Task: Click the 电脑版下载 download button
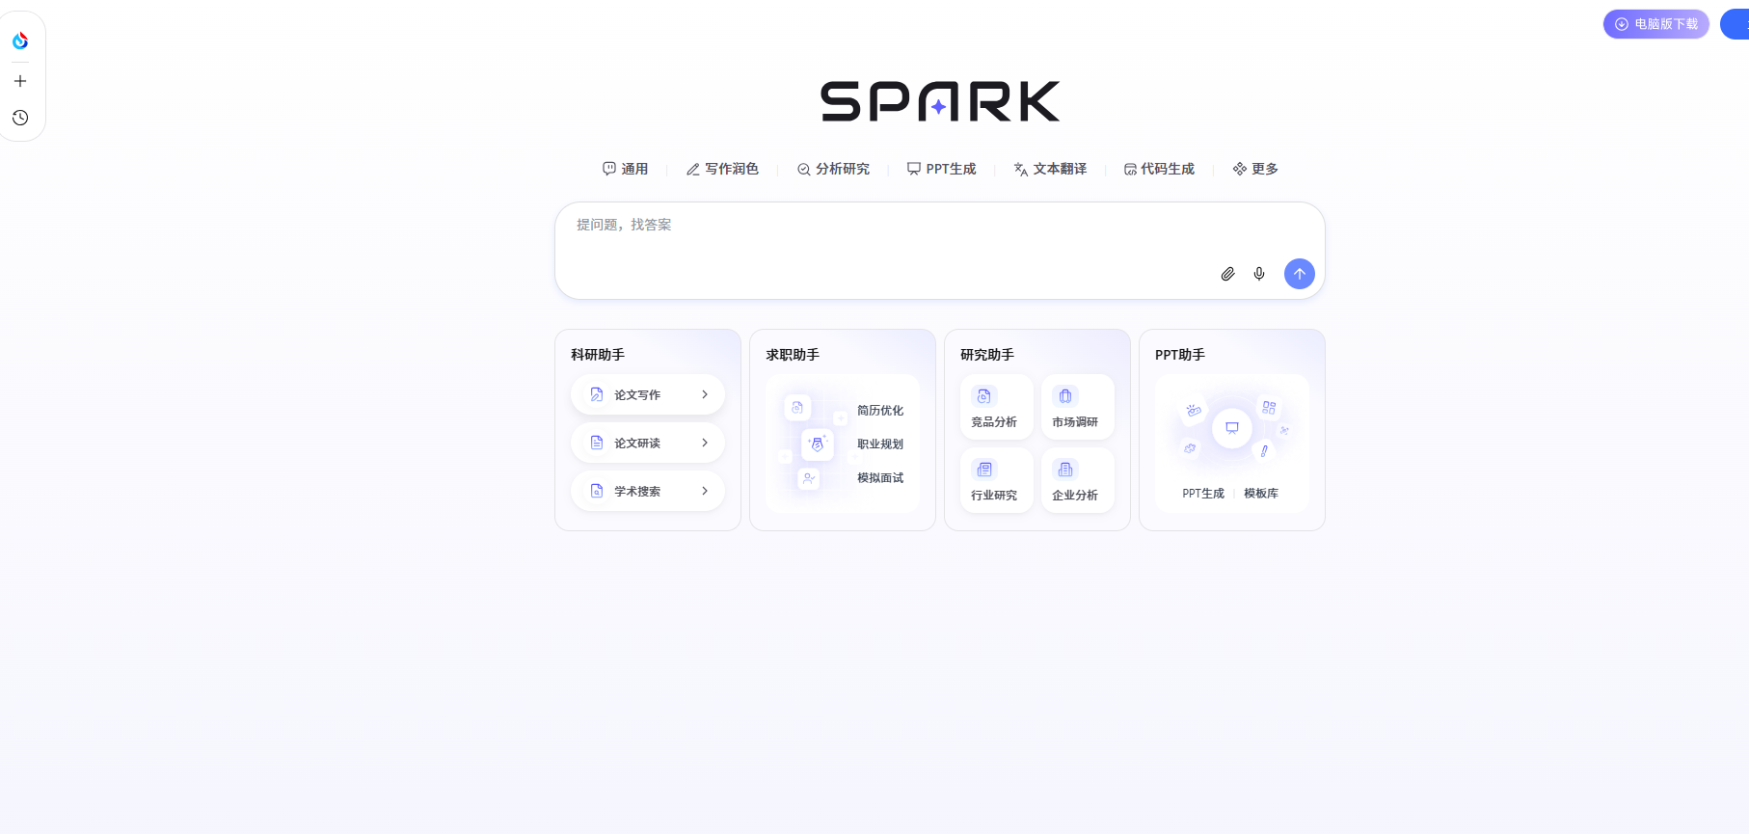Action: point(1655,24)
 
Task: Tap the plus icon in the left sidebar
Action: point(20,81)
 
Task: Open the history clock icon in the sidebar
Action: point(20,118)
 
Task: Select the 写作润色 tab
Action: point(722,169)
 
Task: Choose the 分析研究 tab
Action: point(833,169)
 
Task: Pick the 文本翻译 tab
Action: point(1050,169)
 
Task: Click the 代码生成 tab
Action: point(1159,169)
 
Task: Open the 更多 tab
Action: point(1255,169)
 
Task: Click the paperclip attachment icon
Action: point(1227,274)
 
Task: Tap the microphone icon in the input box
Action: point(1259,274)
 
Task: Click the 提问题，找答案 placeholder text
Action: point(624,225)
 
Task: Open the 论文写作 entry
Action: point(648,394)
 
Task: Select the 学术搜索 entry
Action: point(648,491)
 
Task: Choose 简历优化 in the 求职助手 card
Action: point(880,411)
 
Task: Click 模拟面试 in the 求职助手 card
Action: point(880,478)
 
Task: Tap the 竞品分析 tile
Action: point(995,408)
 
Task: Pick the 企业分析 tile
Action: point(1076,481)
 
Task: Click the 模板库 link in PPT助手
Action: point(1261,494)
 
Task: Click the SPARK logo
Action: point(940,101)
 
